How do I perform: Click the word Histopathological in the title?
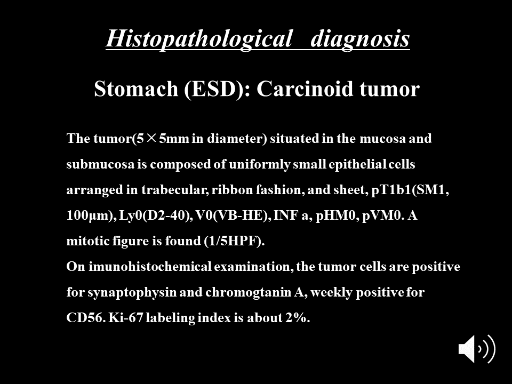[x=199, y=39]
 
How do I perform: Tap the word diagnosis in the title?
[x=360, y=39]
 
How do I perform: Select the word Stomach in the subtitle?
[x=136, y=89]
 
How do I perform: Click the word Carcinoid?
[x=305, y=89]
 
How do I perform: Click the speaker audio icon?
[x=477, y=349]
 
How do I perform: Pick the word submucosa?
[x=100, y=164]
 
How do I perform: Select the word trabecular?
[x=175, y=190]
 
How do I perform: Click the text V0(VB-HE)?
[x=231, y=215]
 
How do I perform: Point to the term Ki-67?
[x=126, y=318]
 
